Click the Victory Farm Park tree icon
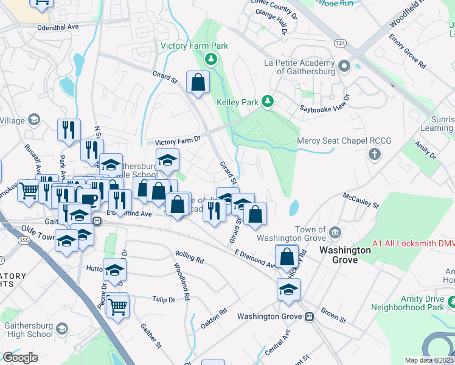point(210,59)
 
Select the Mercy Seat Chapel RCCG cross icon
point(373,155)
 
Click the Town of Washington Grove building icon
point(335,232)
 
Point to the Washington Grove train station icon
point(310,316)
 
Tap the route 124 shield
point(340,43)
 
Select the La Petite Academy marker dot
point(344,65)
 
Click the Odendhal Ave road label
point(58,27)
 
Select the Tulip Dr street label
point(163,299)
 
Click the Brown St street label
point(333,317)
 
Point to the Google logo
point(20,357)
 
